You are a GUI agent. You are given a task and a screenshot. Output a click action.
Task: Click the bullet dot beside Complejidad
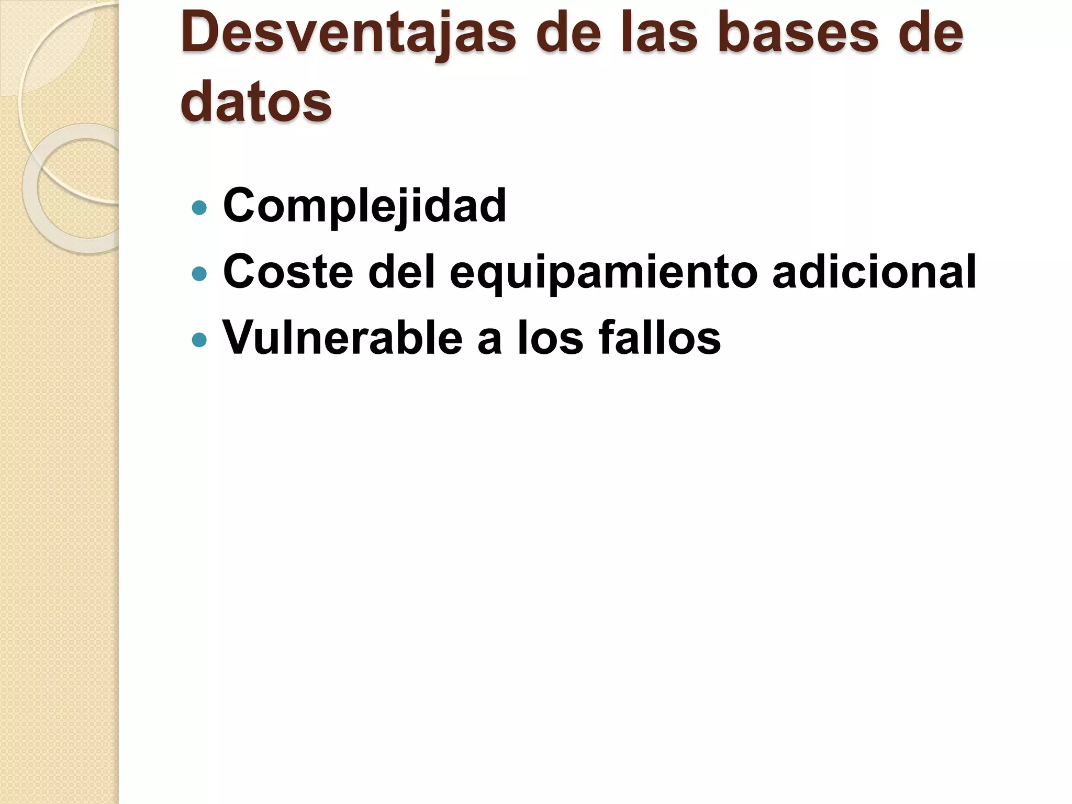(x=199, y=208)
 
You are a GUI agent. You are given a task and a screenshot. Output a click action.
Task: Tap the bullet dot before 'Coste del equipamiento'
(x=199, y=274)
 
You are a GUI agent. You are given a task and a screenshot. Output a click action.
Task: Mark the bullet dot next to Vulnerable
(x=199, y=340)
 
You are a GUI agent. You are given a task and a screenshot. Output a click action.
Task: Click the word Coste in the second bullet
(x=288, y=272)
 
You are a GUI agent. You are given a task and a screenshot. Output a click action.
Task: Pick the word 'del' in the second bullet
(x=401, y=271)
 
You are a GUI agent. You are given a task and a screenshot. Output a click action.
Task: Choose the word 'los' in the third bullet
(x=550, y=338)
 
